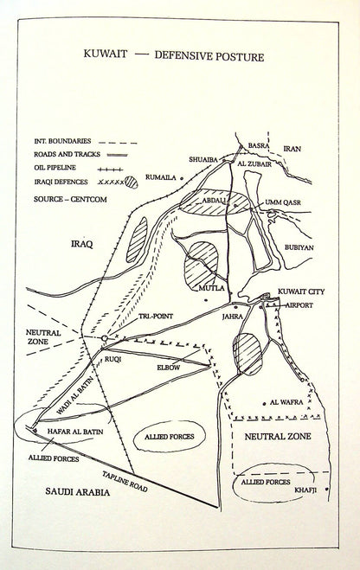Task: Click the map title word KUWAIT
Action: pos(106,54)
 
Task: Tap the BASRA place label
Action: pos(258,145)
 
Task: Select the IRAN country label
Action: pos(292,149)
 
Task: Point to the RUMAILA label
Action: pos(160,177)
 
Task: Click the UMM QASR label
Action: pos(283,202)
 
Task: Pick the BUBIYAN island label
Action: pos(299,247)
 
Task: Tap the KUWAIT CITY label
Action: pos(301,291)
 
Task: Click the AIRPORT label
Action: pos(299,305)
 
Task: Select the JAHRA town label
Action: pos(233,317)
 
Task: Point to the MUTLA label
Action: pos(210,288)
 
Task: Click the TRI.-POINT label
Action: pos(156,317)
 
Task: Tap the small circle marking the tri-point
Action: pos(105,338)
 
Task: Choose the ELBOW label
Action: pos(169,368)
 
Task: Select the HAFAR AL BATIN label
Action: pos(75,432)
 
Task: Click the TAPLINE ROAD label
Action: pos(125,482)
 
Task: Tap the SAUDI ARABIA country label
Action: pos(77,492)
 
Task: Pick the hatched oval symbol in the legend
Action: pos(132,182)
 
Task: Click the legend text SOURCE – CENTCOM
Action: pos(70,199)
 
